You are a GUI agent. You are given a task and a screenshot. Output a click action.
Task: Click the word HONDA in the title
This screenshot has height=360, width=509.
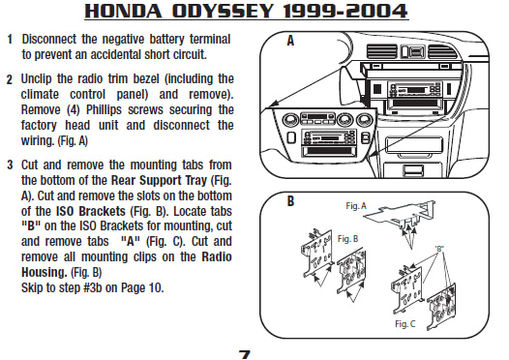123,11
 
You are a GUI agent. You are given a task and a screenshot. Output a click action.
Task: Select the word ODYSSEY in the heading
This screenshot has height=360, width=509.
223,11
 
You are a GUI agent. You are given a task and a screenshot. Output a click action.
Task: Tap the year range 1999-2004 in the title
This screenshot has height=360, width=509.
345,11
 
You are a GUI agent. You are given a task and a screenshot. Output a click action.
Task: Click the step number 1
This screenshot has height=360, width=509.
10,40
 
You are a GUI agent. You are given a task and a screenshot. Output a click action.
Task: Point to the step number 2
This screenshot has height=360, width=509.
10,80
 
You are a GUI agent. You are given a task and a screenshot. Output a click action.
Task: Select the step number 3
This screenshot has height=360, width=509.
10,165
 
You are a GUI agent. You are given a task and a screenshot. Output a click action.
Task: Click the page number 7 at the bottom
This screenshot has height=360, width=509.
245,355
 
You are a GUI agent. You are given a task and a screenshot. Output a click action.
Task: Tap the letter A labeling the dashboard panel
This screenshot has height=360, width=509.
290,41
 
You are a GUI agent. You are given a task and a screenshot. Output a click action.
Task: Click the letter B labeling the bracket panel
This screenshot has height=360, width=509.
290,201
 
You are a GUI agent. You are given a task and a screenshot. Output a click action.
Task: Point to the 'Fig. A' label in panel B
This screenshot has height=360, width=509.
356,206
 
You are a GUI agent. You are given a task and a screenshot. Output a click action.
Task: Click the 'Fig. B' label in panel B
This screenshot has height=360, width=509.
347,239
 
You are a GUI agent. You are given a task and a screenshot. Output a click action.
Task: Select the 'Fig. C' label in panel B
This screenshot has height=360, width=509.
404,324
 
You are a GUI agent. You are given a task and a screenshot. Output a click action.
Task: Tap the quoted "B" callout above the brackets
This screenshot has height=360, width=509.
439,249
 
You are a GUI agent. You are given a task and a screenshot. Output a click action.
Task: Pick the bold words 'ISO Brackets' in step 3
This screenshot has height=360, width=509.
91,211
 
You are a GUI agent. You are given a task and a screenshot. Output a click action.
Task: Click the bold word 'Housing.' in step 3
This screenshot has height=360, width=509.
45,272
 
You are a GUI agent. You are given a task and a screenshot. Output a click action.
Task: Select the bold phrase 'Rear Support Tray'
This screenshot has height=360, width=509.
159,180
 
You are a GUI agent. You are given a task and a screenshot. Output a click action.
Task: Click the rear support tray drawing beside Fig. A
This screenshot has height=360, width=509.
401,215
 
